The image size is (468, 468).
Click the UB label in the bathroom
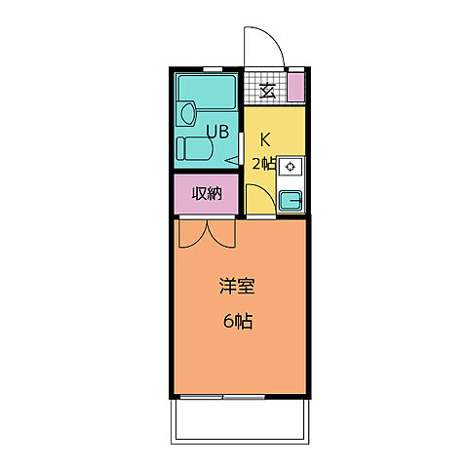[x=216, y=131]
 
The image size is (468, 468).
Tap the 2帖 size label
[x=263, y=163]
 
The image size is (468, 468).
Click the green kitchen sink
[x=290, y=201]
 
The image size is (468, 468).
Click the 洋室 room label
[x=237, y=287]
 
